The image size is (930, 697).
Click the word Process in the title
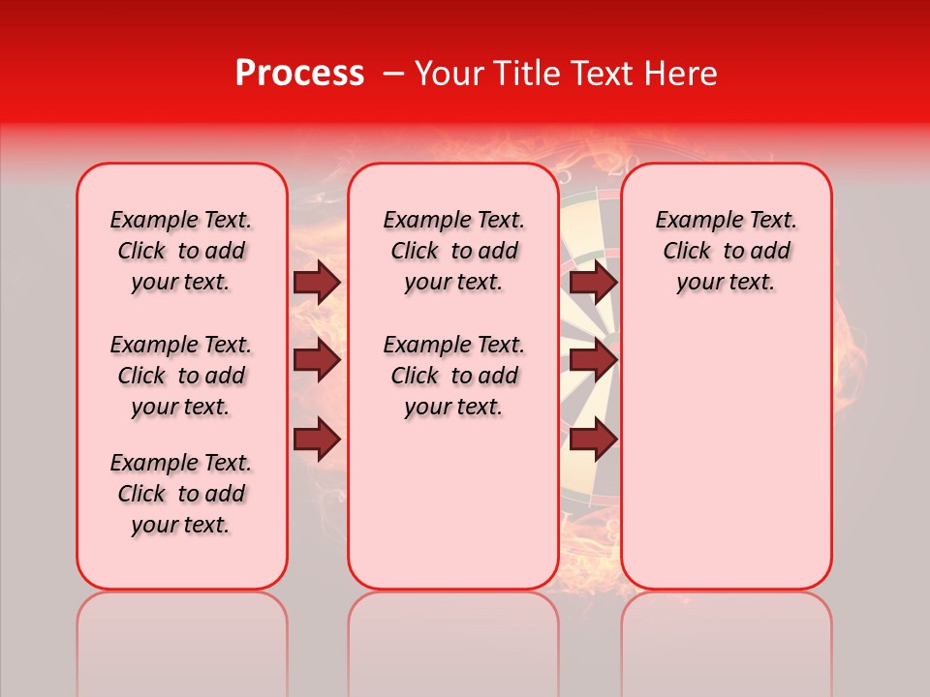point(299,74)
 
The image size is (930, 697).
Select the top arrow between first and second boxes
point(316,282)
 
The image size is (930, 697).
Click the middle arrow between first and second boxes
point(316,361)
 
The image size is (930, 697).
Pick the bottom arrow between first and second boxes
point(316,439)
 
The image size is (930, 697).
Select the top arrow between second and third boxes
point(593,282)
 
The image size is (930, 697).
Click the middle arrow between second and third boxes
point(593,361)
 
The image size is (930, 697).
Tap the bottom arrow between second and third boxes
point(593,439)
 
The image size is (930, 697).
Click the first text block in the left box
point(181,251)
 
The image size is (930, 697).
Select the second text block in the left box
point(181,376)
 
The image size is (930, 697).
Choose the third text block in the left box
point(181,494)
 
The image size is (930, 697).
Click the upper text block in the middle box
point(453,251)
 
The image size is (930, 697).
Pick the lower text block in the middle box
point(453,376)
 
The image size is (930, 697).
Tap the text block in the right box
point(726,251)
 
